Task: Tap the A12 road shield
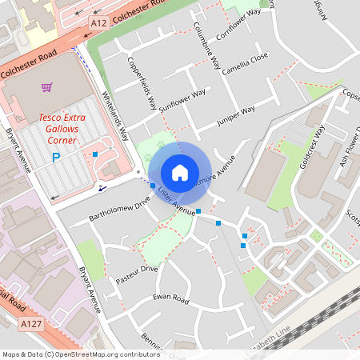pos(98,23)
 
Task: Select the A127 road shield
pos(30,323)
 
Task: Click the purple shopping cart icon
pos(47,86)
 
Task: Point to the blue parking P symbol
pos(56,158)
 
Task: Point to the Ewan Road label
pos(170,299)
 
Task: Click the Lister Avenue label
pos(177,204)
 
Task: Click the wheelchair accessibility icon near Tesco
pos(102,187)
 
